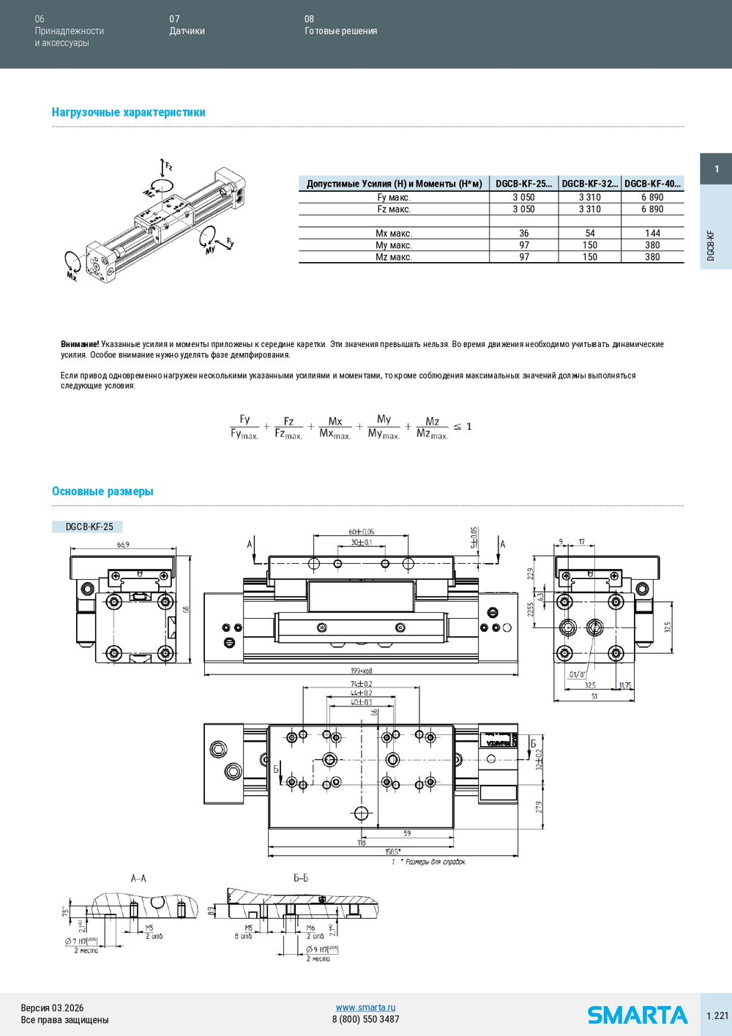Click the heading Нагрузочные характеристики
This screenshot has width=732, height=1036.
tap(128, 112)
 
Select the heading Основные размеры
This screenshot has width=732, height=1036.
tap(102, 491)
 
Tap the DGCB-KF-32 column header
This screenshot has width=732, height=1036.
tap(589, 184)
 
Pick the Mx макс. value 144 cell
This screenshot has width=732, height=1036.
tap(652, 234)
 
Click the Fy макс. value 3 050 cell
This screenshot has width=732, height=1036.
tap(523, 198)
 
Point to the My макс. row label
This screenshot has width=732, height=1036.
tap(394, 245)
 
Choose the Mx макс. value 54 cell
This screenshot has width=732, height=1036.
tap(589, 234)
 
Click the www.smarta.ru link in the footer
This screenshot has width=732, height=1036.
tap(365, 1007)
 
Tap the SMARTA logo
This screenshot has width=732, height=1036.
tap(637, 1015)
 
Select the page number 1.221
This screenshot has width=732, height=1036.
tap(717, 1015)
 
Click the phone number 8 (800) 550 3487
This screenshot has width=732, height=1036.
tap(365, 1019)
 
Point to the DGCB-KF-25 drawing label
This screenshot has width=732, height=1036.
tap(89, 526)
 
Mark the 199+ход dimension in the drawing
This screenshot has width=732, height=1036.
tap(361, 671)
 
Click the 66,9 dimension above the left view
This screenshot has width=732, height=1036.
tap(123, 545)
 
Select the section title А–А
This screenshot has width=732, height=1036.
tap(138, 878)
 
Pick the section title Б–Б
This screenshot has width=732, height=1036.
tap(301, 878)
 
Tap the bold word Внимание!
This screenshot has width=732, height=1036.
tap(80, 344)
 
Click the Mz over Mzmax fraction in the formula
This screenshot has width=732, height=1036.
tap(432, 428)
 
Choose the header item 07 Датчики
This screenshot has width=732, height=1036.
tap(187, 25)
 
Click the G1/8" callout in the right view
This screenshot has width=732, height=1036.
tap(577, 674)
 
